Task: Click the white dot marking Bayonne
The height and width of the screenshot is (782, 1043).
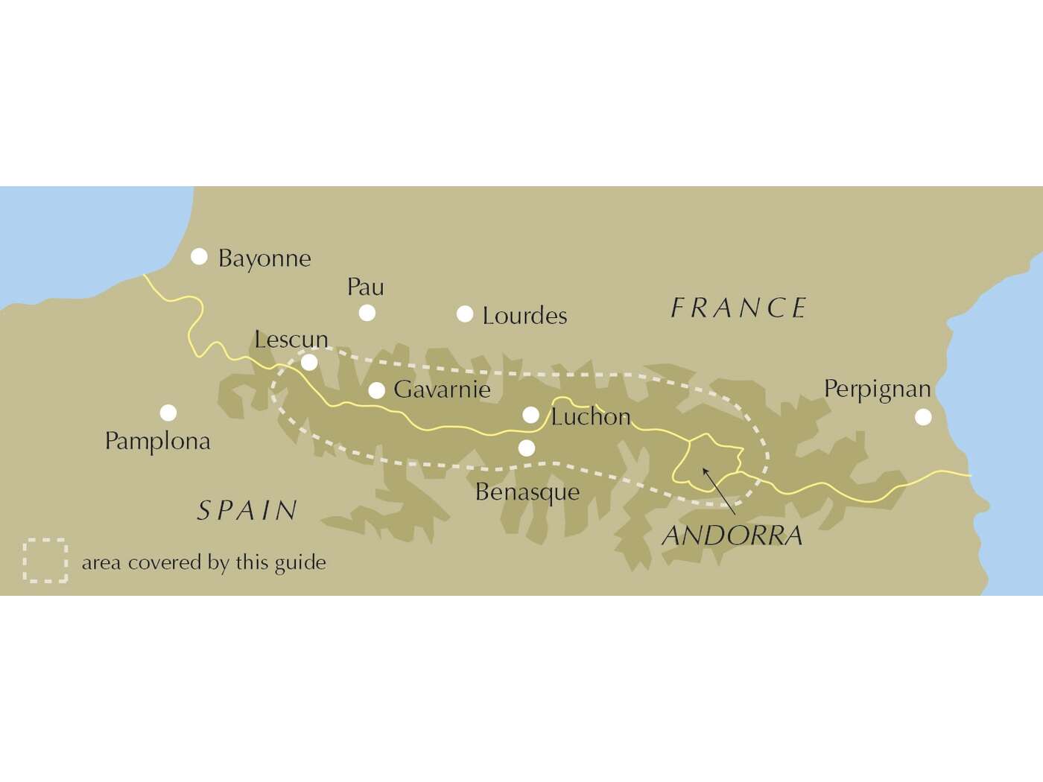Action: [x=199, y=257]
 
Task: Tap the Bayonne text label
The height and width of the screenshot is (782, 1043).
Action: [x=264, y=259]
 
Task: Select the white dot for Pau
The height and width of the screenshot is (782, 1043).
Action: [x=367, y=313]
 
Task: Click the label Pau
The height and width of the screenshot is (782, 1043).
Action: [x=366, y=287]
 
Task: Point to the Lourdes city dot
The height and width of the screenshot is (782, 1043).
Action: [x=465, y=314]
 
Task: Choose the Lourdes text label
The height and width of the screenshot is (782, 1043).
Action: [x=524, y=316]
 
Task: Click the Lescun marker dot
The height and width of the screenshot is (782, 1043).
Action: [x=309, y=363]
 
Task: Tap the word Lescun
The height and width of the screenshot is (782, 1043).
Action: [x=291, y=340]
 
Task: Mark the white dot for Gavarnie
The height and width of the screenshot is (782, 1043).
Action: [x=377, y=390]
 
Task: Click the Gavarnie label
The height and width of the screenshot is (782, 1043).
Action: [x=442, y=390]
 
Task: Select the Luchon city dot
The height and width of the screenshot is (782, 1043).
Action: [x=530, y=415]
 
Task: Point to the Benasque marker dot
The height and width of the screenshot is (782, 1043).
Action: [x=527, y=448]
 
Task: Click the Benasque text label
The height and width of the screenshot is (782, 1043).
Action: [x=527, y=492]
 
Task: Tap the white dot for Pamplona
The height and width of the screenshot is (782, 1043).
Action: [x=168, y=412]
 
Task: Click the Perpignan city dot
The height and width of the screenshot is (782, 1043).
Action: [x=923, y=417]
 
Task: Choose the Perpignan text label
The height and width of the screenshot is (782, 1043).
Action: [x=877, y=390]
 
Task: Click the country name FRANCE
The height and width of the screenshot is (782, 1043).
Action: [x=738, y=308]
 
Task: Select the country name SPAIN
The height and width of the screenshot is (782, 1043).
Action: [x=247, y=511]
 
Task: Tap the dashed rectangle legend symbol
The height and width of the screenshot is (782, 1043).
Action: [x=45, y=560]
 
